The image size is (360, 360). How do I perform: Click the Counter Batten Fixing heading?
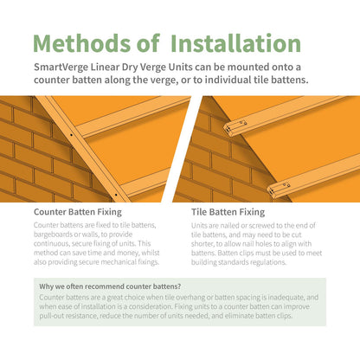(x=77, y=209)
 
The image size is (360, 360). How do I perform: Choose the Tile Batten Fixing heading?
(x=228, y=209)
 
